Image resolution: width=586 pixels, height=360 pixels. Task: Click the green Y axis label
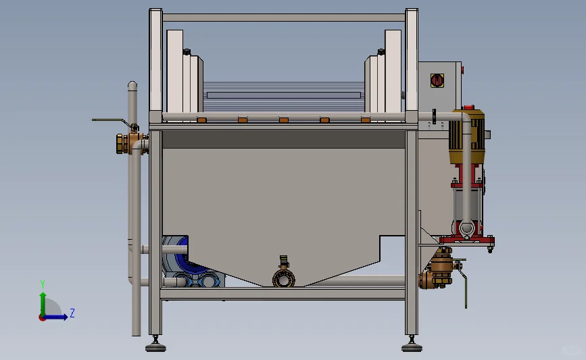pos(43,284)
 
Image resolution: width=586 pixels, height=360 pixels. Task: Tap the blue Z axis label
pos(72,313)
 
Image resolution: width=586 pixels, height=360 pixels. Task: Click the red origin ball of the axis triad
pos(42,318)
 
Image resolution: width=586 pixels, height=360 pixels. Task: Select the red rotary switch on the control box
pos(437,80)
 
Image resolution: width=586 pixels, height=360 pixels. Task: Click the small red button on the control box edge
pos(462,70)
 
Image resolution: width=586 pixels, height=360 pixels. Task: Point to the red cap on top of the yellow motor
pos(468,107)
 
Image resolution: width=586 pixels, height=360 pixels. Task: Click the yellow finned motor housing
pos(467,136)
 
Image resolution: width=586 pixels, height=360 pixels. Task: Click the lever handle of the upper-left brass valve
pos(111,121)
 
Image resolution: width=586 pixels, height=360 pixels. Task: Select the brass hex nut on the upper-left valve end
pos(121,144)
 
